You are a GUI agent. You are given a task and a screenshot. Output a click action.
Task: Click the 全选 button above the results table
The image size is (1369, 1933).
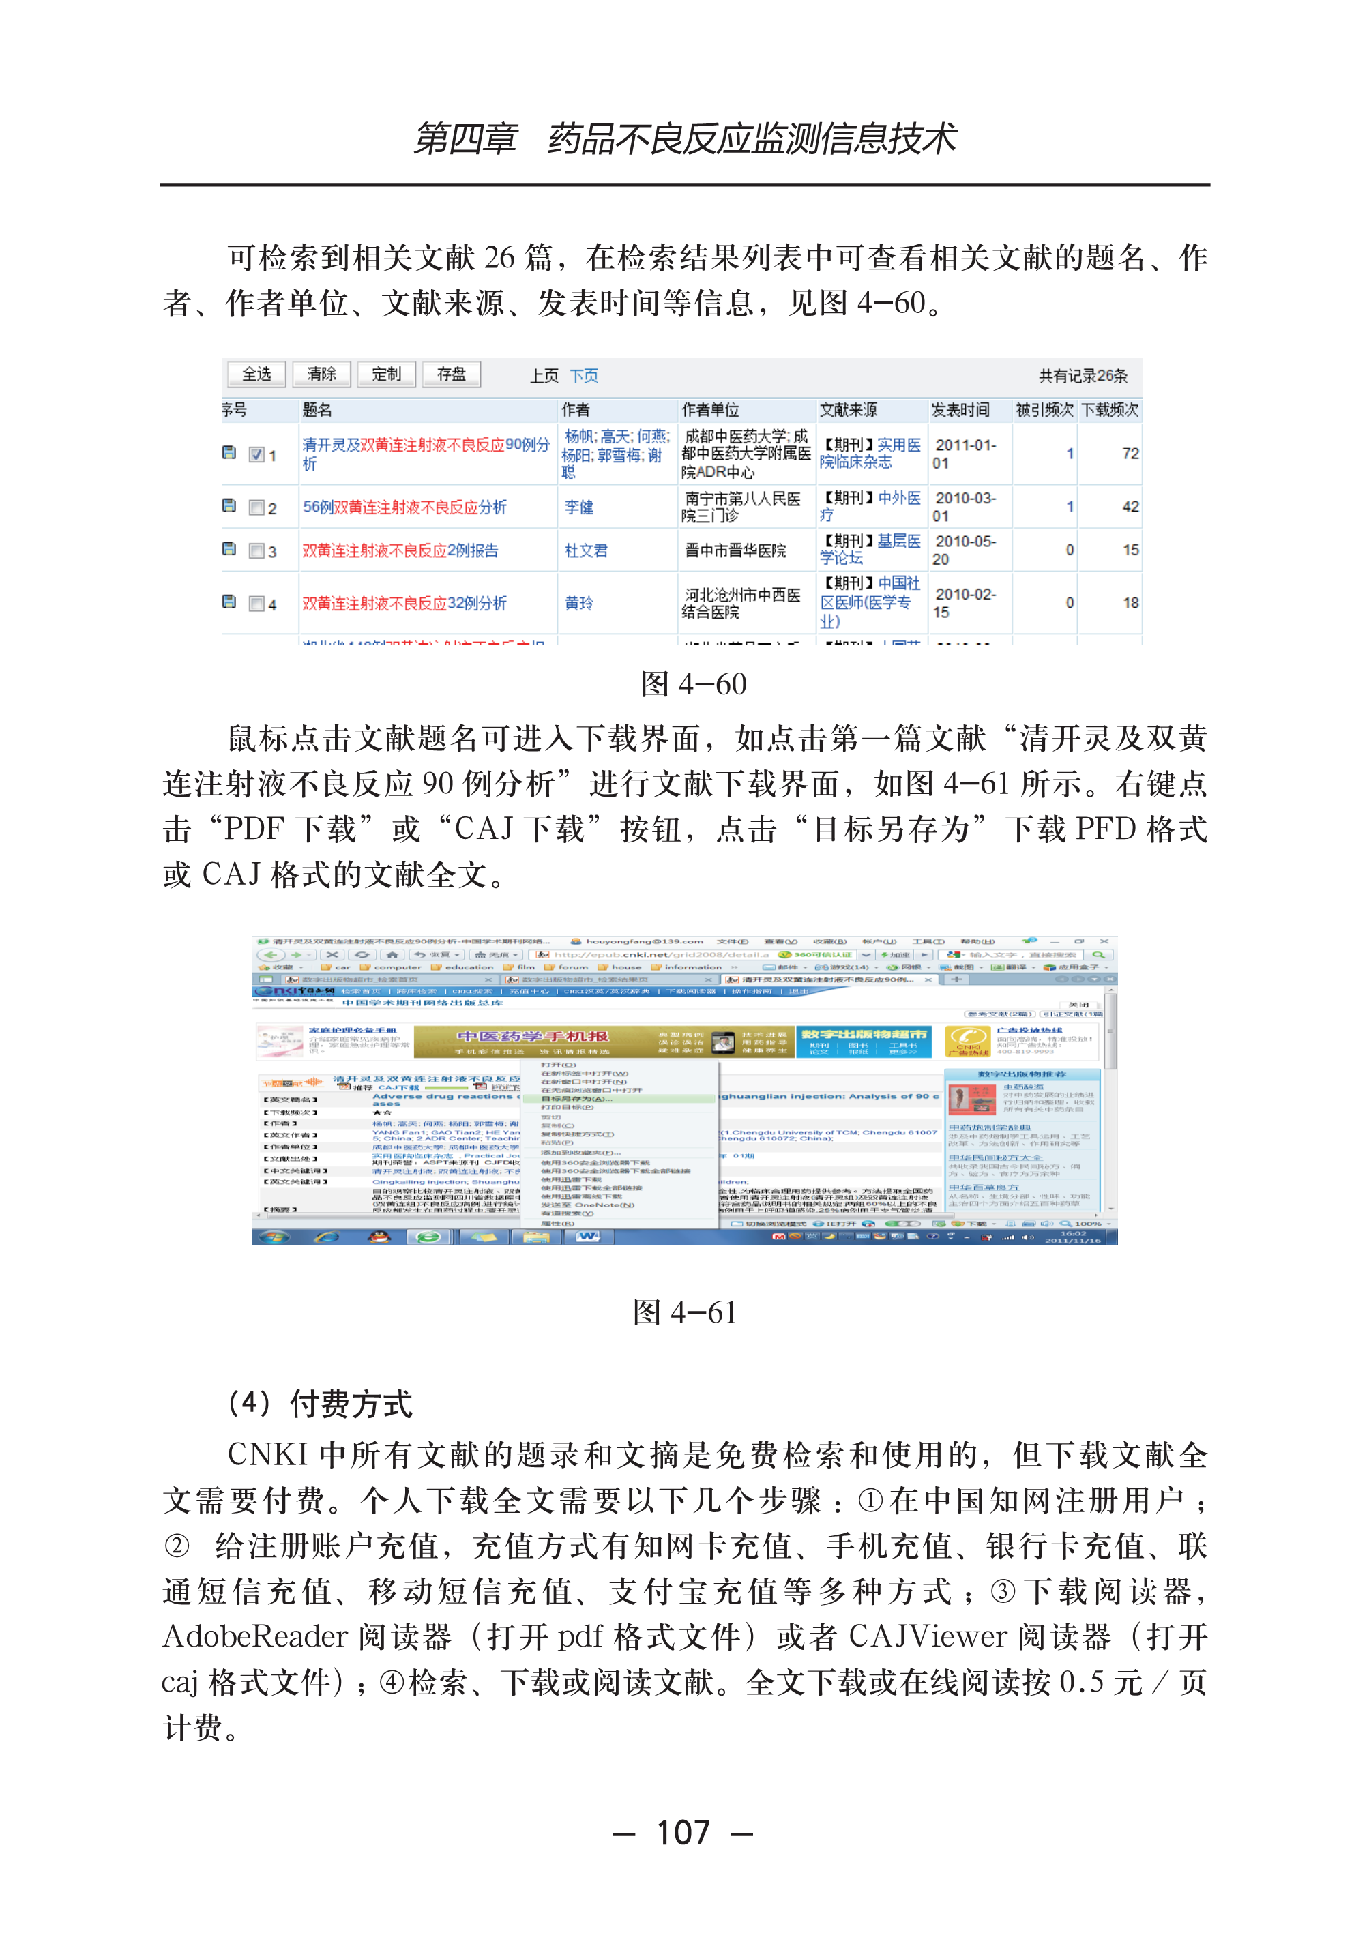(x=256, y=374)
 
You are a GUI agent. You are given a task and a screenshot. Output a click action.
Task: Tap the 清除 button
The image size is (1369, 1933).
(x=321, y=374)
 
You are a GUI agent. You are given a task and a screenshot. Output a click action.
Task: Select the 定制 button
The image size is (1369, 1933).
(x=386, y=374)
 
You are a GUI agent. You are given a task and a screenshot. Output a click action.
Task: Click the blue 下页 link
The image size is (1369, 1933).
(x=583, y=376)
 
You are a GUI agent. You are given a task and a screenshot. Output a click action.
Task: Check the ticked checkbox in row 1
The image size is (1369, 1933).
(x=257, y=454)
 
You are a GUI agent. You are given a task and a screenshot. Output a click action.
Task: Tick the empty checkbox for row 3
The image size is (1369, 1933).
(x=257, y=551)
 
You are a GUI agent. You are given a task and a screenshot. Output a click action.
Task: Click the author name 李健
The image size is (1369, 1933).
(x=579, y=507)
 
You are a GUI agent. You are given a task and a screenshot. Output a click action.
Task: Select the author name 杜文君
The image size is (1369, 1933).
(x=586, y=550)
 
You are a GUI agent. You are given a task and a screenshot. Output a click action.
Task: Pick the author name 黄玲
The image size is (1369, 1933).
(x=579, y=603)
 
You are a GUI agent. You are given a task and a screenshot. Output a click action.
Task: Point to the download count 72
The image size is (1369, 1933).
(x=1130, y=454)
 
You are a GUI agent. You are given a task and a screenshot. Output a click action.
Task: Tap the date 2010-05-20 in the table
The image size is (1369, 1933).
(x=965, y=550)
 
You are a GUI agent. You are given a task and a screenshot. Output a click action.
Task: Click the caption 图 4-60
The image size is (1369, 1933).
(x=693, y=683)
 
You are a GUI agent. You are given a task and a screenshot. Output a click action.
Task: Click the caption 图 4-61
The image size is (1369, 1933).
(x=685, y=1312)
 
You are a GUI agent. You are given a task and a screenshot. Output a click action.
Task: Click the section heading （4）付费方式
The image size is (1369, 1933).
(x=321, y=1404)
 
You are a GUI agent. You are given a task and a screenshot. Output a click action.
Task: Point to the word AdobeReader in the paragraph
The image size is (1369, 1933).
(x=254, y=1636)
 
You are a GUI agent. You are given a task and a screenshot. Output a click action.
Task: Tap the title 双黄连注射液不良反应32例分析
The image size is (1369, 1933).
(x=404, y=603)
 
